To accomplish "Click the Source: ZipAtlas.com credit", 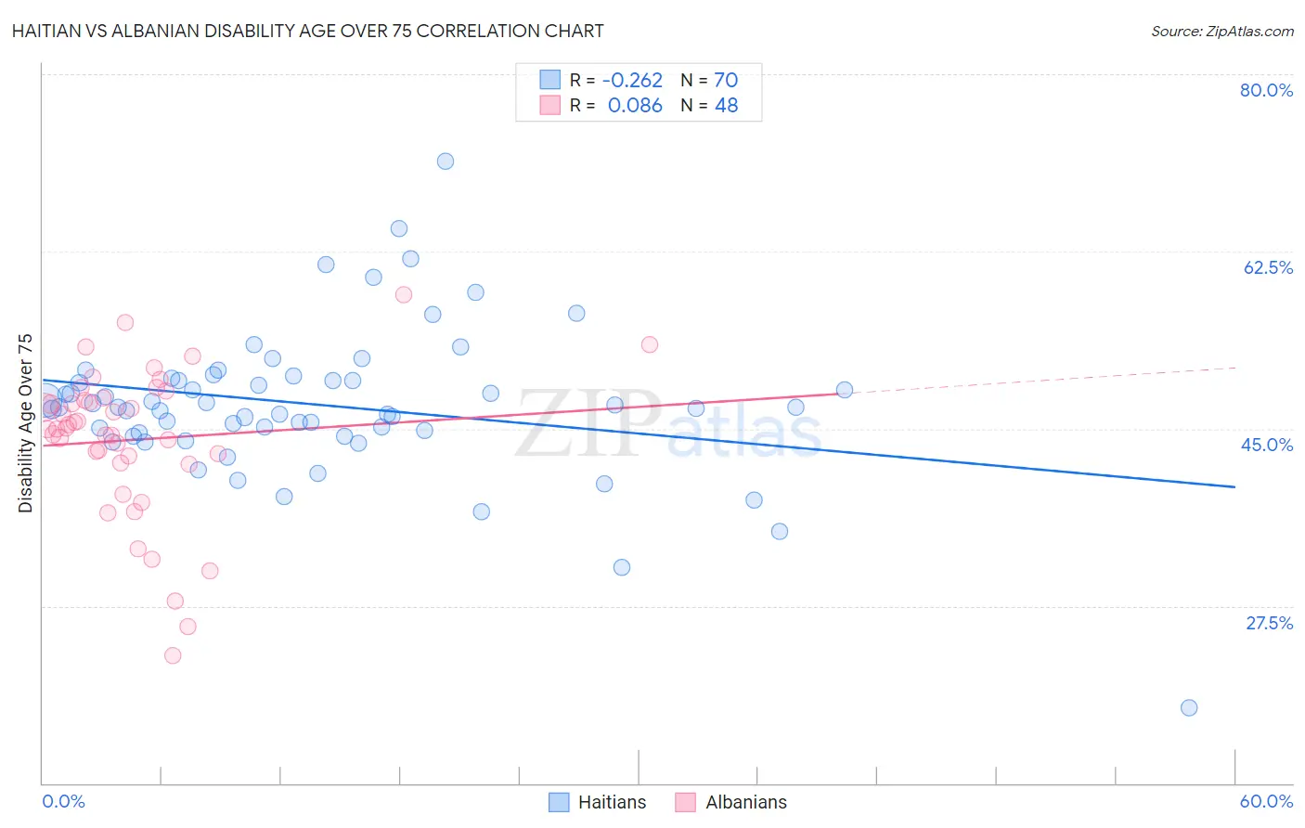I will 1221,31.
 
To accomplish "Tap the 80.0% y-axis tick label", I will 1266,90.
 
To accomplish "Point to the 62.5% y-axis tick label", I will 1268,267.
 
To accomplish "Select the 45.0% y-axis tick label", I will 1267,445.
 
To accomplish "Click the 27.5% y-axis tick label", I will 1269,623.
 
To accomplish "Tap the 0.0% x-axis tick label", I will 63,801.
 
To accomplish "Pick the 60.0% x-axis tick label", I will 1266,801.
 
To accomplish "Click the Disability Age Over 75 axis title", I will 26,422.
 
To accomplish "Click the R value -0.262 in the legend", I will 632,80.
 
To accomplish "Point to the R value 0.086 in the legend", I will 635,105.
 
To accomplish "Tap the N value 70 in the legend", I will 725,80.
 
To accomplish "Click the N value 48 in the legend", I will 726,105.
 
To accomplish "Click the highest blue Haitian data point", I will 446,162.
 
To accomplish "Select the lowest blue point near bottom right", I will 1189,707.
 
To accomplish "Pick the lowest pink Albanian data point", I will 173,655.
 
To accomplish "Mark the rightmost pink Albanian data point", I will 650,344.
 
